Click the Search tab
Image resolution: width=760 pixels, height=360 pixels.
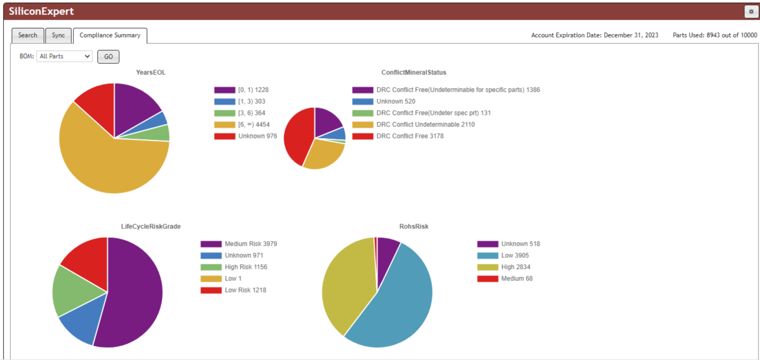pos(27,35)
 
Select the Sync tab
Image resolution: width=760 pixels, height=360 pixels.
pos(58,35)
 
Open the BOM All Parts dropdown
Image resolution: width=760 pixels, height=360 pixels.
pos(64,56)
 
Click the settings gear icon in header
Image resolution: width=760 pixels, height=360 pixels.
pos(751,12)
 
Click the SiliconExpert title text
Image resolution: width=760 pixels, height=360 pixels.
pos(41,11)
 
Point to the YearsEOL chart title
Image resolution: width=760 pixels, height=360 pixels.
pos(150,72)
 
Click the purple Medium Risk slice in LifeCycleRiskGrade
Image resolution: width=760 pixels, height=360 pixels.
pos(134,293)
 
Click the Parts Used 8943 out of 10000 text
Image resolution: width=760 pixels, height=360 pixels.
pos(714,35)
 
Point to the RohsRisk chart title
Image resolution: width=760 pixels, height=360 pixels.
pos(413,226)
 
